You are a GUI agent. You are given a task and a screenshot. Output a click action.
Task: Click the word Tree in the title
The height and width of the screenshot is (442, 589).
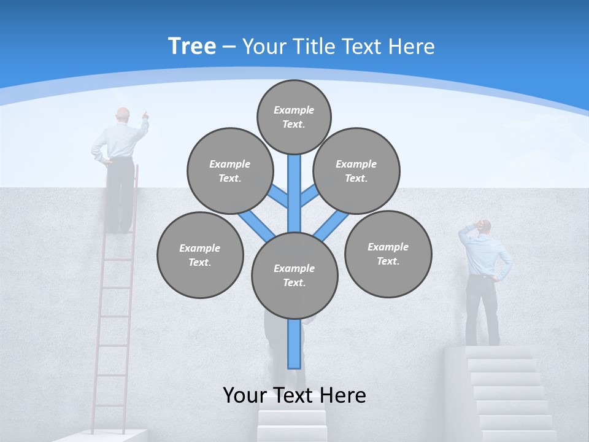tap(192, 46)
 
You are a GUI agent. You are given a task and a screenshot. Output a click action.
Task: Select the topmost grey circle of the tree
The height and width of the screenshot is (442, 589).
tap(294, 117)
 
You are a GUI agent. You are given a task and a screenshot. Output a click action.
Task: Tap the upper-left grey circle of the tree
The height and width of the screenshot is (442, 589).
tap(229, 171)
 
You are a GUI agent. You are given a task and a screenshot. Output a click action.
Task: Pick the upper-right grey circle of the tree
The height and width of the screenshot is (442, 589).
tap(356, 171)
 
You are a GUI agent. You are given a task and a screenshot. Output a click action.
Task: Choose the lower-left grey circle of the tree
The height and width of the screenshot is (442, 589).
tap(199, 255)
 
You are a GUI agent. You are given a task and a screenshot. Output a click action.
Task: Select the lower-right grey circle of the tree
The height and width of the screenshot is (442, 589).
tap(388, 254)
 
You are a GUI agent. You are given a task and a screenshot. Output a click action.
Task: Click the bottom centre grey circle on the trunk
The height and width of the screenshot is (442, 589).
tap(294, 275)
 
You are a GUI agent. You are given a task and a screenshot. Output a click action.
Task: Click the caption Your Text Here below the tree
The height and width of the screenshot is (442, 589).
tap(294, 395)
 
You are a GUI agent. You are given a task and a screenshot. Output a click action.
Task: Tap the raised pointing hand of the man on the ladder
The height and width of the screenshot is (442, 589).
tap(145, 115)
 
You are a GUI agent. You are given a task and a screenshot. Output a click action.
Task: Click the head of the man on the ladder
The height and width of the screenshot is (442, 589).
tap(123, 115)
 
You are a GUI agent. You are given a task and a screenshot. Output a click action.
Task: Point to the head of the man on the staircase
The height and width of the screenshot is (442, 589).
tap(484, 227)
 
